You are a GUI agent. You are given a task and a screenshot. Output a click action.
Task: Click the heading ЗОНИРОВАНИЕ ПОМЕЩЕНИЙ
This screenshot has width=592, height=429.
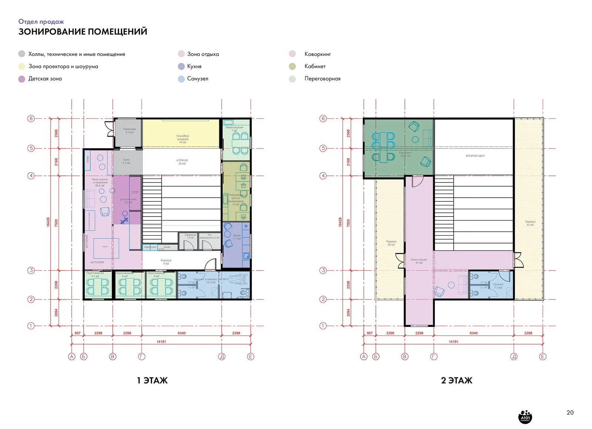(x=83, y=32)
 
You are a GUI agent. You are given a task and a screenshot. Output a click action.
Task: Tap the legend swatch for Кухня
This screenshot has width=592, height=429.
(x=181, y=66)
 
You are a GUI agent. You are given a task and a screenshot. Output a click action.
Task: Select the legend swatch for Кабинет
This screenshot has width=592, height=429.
(x=292, y=66)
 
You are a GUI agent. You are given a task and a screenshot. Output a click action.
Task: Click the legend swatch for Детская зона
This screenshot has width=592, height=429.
(x=22, y=79)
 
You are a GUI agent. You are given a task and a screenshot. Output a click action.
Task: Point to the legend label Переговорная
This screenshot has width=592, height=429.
(x=322, y=78)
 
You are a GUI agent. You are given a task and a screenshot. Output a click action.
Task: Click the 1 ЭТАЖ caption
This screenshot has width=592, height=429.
(x=152, y=380)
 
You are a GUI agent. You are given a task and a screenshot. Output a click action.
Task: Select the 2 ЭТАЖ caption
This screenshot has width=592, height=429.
(x=457, y=380)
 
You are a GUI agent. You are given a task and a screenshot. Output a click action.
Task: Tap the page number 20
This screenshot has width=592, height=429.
(x=570, y=412)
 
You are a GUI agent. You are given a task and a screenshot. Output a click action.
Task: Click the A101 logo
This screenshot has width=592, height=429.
(x=525, y=416)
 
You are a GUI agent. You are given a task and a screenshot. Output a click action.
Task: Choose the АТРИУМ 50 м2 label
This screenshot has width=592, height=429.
(x=182, y=162)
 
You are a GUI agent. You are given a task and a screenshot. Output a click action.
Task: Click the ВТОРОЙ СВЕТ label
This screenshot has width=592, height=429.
(x=475, y=156)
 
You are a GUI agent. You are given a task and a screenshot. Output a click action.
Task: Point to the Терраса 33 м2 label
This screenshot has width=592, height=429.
(x=530, y=223)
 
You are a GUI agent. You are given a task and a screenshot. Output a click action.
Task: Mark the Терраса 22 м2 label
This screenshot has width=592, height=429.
(x=391, y=243)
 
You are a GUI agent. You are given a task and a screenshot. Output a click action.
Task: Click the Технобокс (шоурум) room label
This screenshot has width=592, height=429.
(x=182, y=139)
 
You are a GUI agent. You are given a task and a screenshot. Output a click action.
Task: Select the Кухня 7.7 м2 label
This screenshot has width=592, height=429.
(x=237, y=237)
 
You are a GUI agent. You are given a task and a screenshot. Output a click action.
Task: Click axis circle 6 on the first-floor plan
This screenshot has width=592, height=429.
(x=31, y=118)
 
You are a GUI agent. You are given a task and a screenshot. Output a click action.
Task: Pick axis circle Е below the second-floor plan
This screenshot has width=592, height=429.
(x=542, y=356)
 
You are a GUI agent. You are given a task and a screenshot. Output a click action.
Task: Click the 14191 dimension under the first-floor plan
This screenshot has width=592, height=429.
(x=161, y=342)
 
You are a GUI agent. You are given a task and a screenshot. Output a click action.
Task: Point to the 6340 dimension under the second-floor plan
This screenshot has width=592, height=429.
(x=474, y=333)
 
